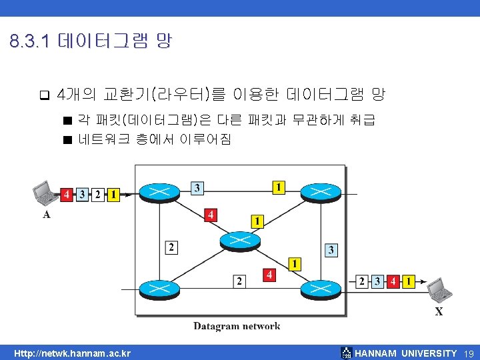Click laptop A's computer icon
(x=47, y=194)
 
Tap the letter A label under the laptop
(x=46, y=215)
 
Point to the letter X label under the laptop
(x=439, y=311)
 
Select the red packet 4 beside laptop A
(x=67, y=195)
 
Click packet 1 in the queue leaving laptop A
(x=113, y=195)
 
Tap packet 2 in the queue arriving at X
(x=363, y=281)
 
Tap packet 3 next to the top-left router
(x=197, y=188)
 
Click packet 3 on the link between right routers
(x=331, y=250)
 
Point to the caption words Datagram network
(x=237, y=326)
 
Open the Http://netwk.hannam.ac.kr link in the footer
(x=73, y=353)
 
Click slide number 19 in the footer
(x=468, y=353)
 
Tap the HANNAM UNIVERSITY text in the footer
(x=406, y=353)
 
